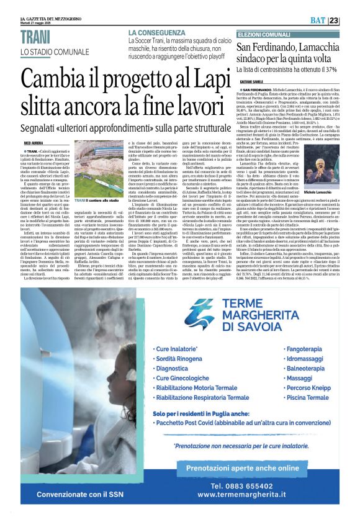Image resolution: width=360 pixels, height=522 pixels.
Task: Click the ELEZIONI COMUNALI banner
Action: [x=263, y=34]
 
